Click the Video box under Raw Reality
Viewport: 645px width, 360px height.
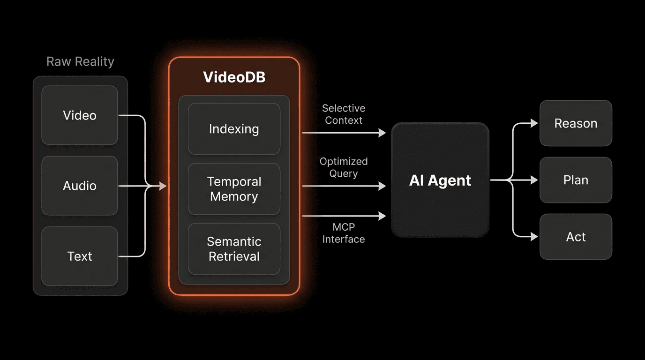pos(80,115)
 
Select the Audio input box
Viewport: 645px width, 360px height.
pos(80,186)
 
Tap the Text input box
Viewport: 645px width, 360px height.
pos(80,256)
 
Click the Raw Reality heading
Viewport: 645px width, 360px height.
pos(80,62)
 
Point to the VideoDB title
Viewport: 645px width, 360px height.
pos(234,77)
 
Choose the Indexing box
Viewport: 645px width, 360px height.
pos(234,129)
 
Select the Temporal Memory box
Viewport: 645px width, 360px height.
pos(234,189)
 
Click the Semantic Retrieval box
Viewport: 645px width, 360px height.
pos(234,249)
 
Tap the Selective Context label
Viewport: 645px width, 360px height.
pos(344,114)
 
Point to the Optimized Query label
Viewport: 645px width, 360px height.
pos(344,167)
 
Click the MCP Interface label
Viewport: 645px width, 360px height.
pos(344,233)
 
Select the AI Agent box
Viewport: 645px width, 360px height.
pos(440,180)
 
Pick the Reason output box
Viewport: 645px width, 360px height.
pos(576,123)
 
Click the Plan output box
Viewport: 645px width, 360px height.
pos(576,180)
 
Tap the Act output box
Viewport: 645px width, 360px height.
pos(576,237)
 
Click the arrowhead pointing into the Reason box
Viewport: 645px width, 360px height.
pos(534,123)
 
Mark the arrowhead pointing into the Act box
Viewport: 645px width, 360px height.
pos(534,237)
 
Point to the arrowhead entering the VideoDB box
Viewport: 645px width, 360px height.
pos(163,186)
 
